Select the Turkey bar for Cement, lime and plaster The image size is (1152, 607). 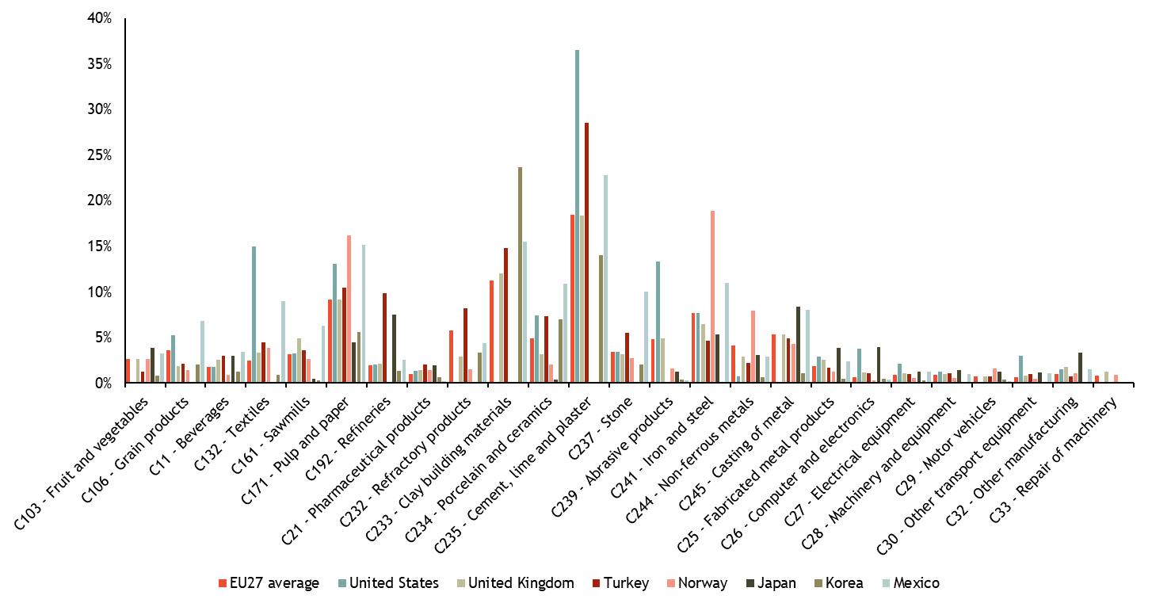587,253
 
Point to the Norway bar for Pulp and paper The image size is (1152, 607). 349,309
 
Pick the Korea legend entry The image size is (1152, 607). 843,583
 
